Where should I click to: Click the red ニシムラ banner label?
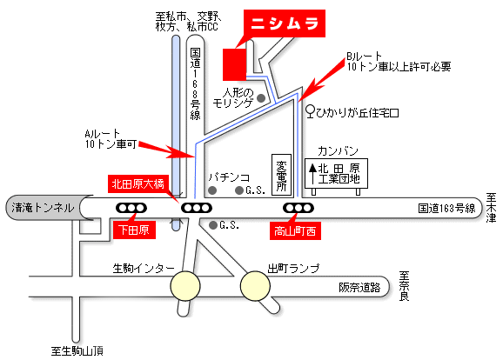(285, 23)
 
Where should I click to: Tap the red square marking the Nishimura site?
(234, 64)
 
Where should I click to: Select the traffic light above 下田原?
(131, 208)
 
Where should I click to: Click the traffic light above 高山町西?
(298, 208)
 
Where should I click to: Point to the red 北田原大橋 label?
(137, 184)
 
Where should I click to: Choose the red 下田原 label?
(134, 230)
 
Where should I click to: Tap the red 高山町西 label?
(295, 230)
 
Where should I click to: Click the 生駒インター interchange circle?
(185, 286)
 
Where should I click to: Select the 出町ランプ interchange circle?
(255, 286)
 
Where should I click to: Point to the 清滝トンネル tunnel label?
(43, 208)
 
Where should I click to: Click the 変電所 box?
(281, 175)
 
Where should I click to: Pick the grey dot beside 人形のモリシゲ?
(261, 98)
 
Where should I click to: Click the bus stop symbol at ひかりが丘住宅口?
(310, 111)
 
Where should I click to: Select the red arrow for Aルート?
(166, 150)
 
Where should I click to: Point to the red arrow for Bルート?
(322, 79)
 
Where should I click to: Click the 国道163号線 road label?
(446, 209)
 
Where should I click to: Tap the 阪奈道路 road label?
(359, 287)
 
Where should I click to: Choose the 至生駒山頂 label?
(77, 351)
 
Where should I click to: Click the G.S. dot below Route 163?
(213, 225)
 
